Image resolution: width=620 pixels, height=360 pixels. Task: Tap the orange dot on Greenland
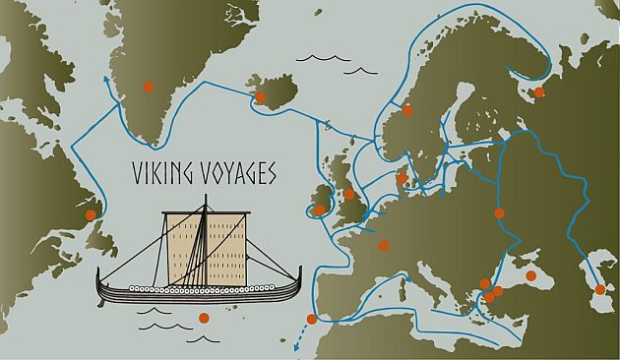coord(148,85)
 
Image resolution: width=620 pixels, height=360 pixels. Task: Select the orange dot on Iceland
coord(260,96)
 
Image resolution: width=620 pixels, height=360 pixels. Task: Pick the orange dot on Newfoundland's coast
coord(91,214)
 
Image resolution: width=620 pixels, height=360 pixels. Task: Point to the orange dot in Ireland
coord(320,210)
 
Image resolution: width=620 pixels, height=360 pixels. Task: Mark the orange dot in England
coord(349,194)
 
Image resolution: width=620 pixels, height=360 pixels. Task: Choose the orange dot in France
coord(384,246)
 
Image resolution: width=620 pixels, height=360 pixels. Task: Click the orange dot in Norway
coord(406,110)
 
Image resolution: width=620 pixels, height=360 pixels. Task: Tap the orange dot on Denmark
coord(402,179)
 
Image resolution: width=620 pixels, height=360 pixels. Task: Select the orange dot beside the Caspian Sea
coord(600,289)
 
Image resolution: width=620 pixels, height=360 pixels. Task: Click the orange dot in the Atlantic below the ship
coord(204,318)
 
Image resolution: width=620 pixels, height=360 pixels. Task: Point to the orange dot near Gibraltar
coord(312,319)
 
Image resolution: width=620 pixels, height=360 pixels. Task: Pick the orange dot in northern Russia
coord(538,93)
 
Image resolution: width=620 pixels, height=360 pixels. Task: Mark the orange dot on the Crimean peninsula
coord(530,275)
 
